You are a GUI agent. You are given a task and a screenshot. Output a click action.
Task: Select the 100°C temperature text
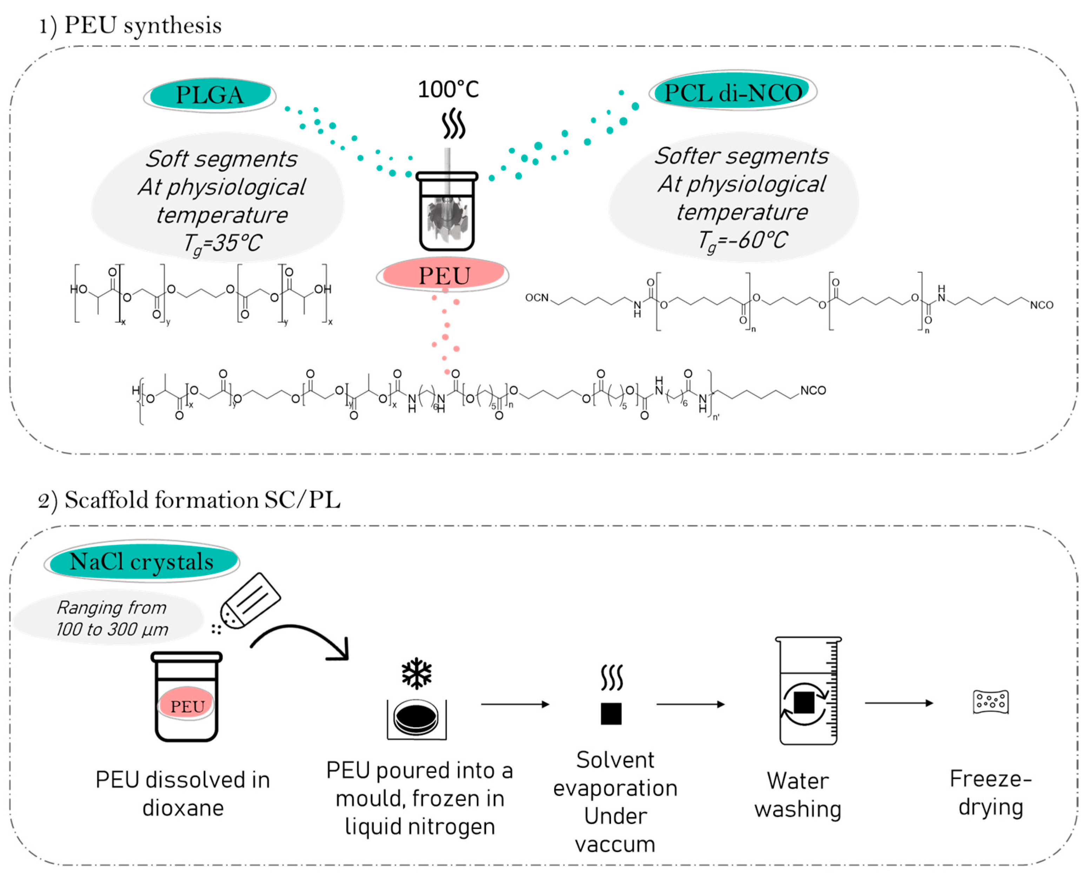tap(448, 90)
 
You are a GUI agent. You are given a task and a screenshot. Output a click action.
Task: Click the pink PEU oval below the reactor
tap(443, 275)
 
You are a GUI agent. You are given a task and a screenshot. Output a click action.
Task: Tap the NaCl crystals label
tap(141, 561)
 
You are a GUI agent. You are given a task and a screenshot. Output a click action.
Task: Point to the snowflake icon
tap(416, 673)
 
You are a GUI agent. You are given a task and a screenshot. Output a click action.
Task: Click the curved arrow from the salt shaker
tap(303, 639)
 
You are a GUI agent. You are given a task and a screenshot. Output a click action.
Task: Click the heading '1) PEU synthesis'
tap(131, 25)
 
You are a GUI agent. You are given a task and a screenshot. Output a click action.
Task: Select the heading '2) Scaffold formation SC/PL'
tap(189, 500)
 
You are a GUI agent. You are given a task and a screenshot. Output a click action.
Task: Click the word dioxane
tap(183, 807)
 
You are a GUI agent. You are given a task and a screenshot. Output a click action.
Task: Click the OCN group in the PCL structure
tap(537, 297)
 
